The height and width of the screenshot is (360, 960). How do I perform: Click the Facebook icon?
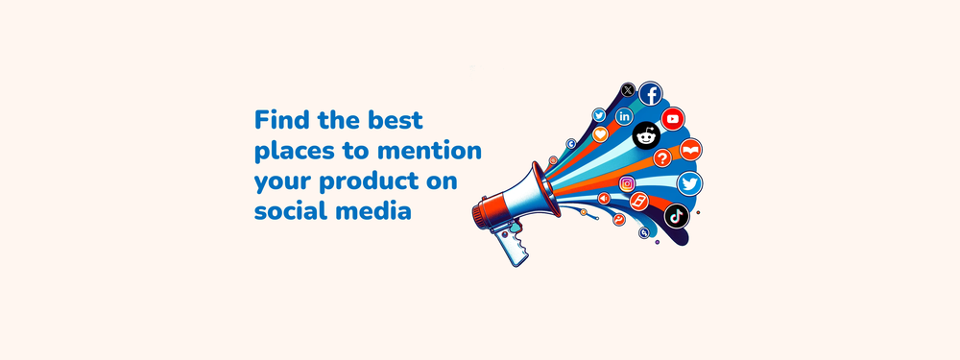pyautogui.click(x=651, y=94)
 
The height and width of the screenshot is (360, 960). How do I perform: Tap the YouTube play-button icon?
pyautogui.click(x=673, y=119)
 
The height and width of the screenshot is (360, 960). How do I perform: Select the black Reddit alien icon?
pyautogui.click(x=646, y=136)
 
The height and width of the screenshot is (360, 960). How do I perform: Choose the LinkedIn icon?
pyautogui.click(x=625, y=116)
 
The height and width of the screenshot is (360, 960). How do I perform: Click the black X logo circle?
pyautogui.click(x=628, y=90)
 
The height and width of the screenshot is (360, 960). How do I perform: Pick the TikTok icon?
pyautogui.click(x=677, y=216)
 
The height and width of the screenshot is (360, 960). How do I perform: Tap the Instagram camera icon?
pyautogui.click(x=627, y=183)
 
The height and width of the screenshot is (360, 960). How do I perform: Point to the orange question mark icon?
pyautogui.click(x=662, y=158)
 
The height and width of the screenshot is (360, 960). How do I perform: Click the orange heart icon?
pyautogui.click(x=600, y=134)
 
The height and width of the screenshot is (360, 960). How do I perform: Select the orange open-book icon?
pyautogui.click(x=690, y=150)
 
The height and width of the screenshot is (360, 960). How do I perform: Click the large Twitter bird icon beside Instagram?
pyautogui.click(x=690, y=183)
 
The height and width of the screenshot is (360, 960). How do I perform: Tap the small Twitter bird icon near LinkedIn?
pyautogui.click(x=599, y=115)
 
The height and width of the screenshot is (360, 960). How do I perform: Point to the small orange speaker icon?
pyautogui.click(x=604, y=199)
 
